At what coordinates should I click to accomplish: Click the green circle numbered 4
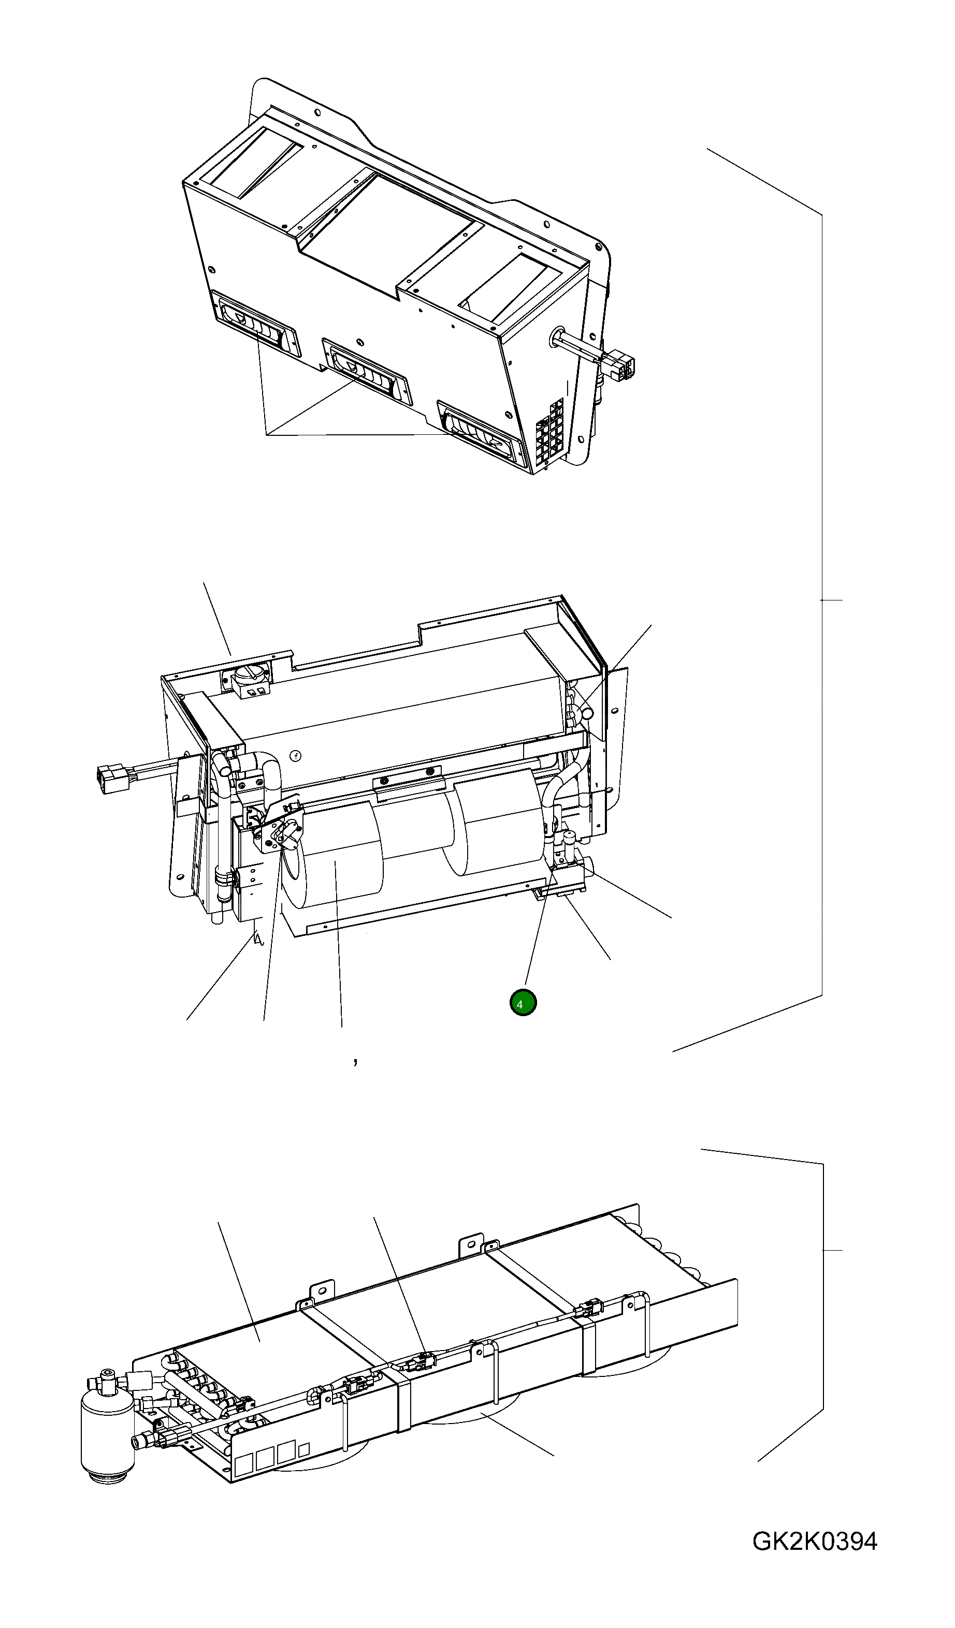pos(522,1003)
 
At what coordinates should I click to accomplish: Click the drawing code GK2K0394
pos(814,1542)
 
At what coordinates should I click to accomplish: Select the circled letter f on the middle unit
pos(296,755)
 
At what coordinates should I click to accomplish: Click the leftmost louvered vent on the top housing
pos(256,325)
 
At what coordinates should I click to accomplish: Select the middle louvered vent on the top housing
pos(366,372)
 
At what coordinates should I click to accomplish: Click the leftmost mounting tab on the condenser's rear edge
pos(323,1290)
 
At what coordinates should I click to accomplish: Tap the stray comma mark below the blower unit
pos(355,1061)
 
